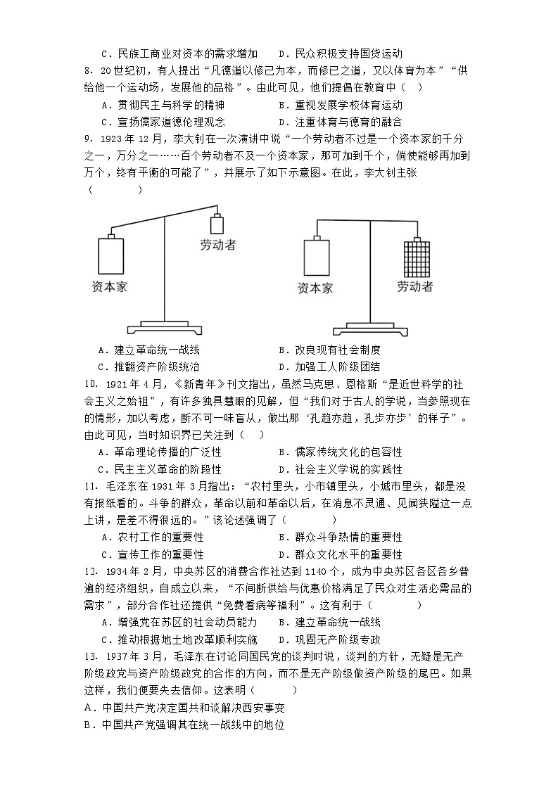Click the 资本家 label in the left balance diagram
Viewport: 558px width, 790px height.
(x=109, y=286)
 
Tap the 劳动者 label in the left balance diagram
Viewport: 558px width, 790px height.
(x=217, y=245)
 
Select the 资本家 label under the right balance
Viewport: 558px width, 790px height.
(x=315, y=288)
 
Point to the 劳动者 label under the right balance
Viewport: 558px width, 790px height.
(x=414, y=286)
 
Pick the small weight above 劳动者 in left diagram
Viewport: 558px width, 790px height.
(x=218, y=224)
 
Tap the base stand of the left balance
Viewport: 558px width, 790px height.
(x=165, y=326)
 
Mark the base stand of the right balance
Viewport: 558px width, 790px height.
(x=372, y=327)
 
